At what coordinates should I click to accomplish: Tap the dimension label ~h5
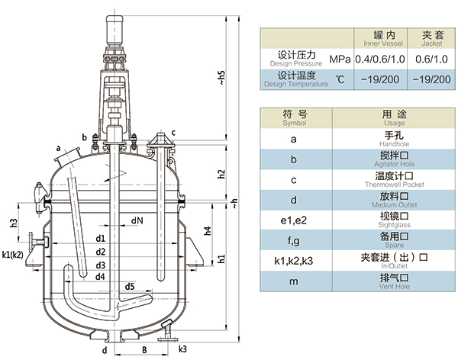(221, 77)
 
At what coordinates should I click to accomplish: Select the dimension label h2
(221, 174)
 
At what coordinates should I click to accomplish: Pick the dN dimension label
(136, 221)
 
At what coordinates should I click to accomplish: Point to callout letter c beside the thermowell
(173, 133)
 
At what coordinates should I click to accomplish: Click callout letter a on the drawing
(58, 147)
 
